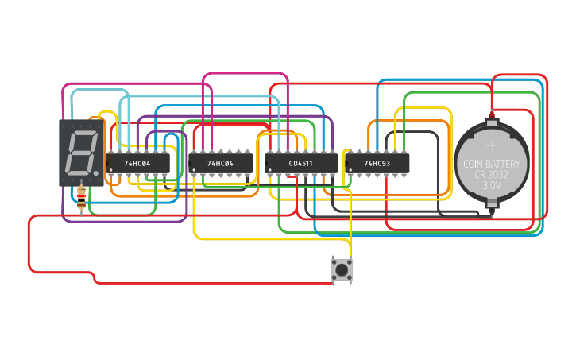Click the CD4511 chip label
[x=301, y=163]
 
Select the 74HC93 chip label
[x=377, y=163]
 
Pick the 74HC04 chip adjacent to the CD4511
[x=220, y=163]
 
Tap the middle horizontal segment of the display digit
[x=80, y=153]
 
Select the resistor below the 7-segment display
[x=82, y=198]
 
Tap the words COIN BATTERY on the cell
[x=492, y=165]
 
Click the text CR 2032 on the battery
[x=492, y=175]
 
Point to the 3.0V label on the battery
[x=492, y=185]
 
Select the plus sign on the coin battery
[x=492, y=145]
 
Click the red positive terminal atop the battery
[x=492, y=117]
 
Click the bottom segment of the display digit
[x=78, y=172]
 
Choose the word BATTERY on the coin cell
[x=504, y=165]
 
